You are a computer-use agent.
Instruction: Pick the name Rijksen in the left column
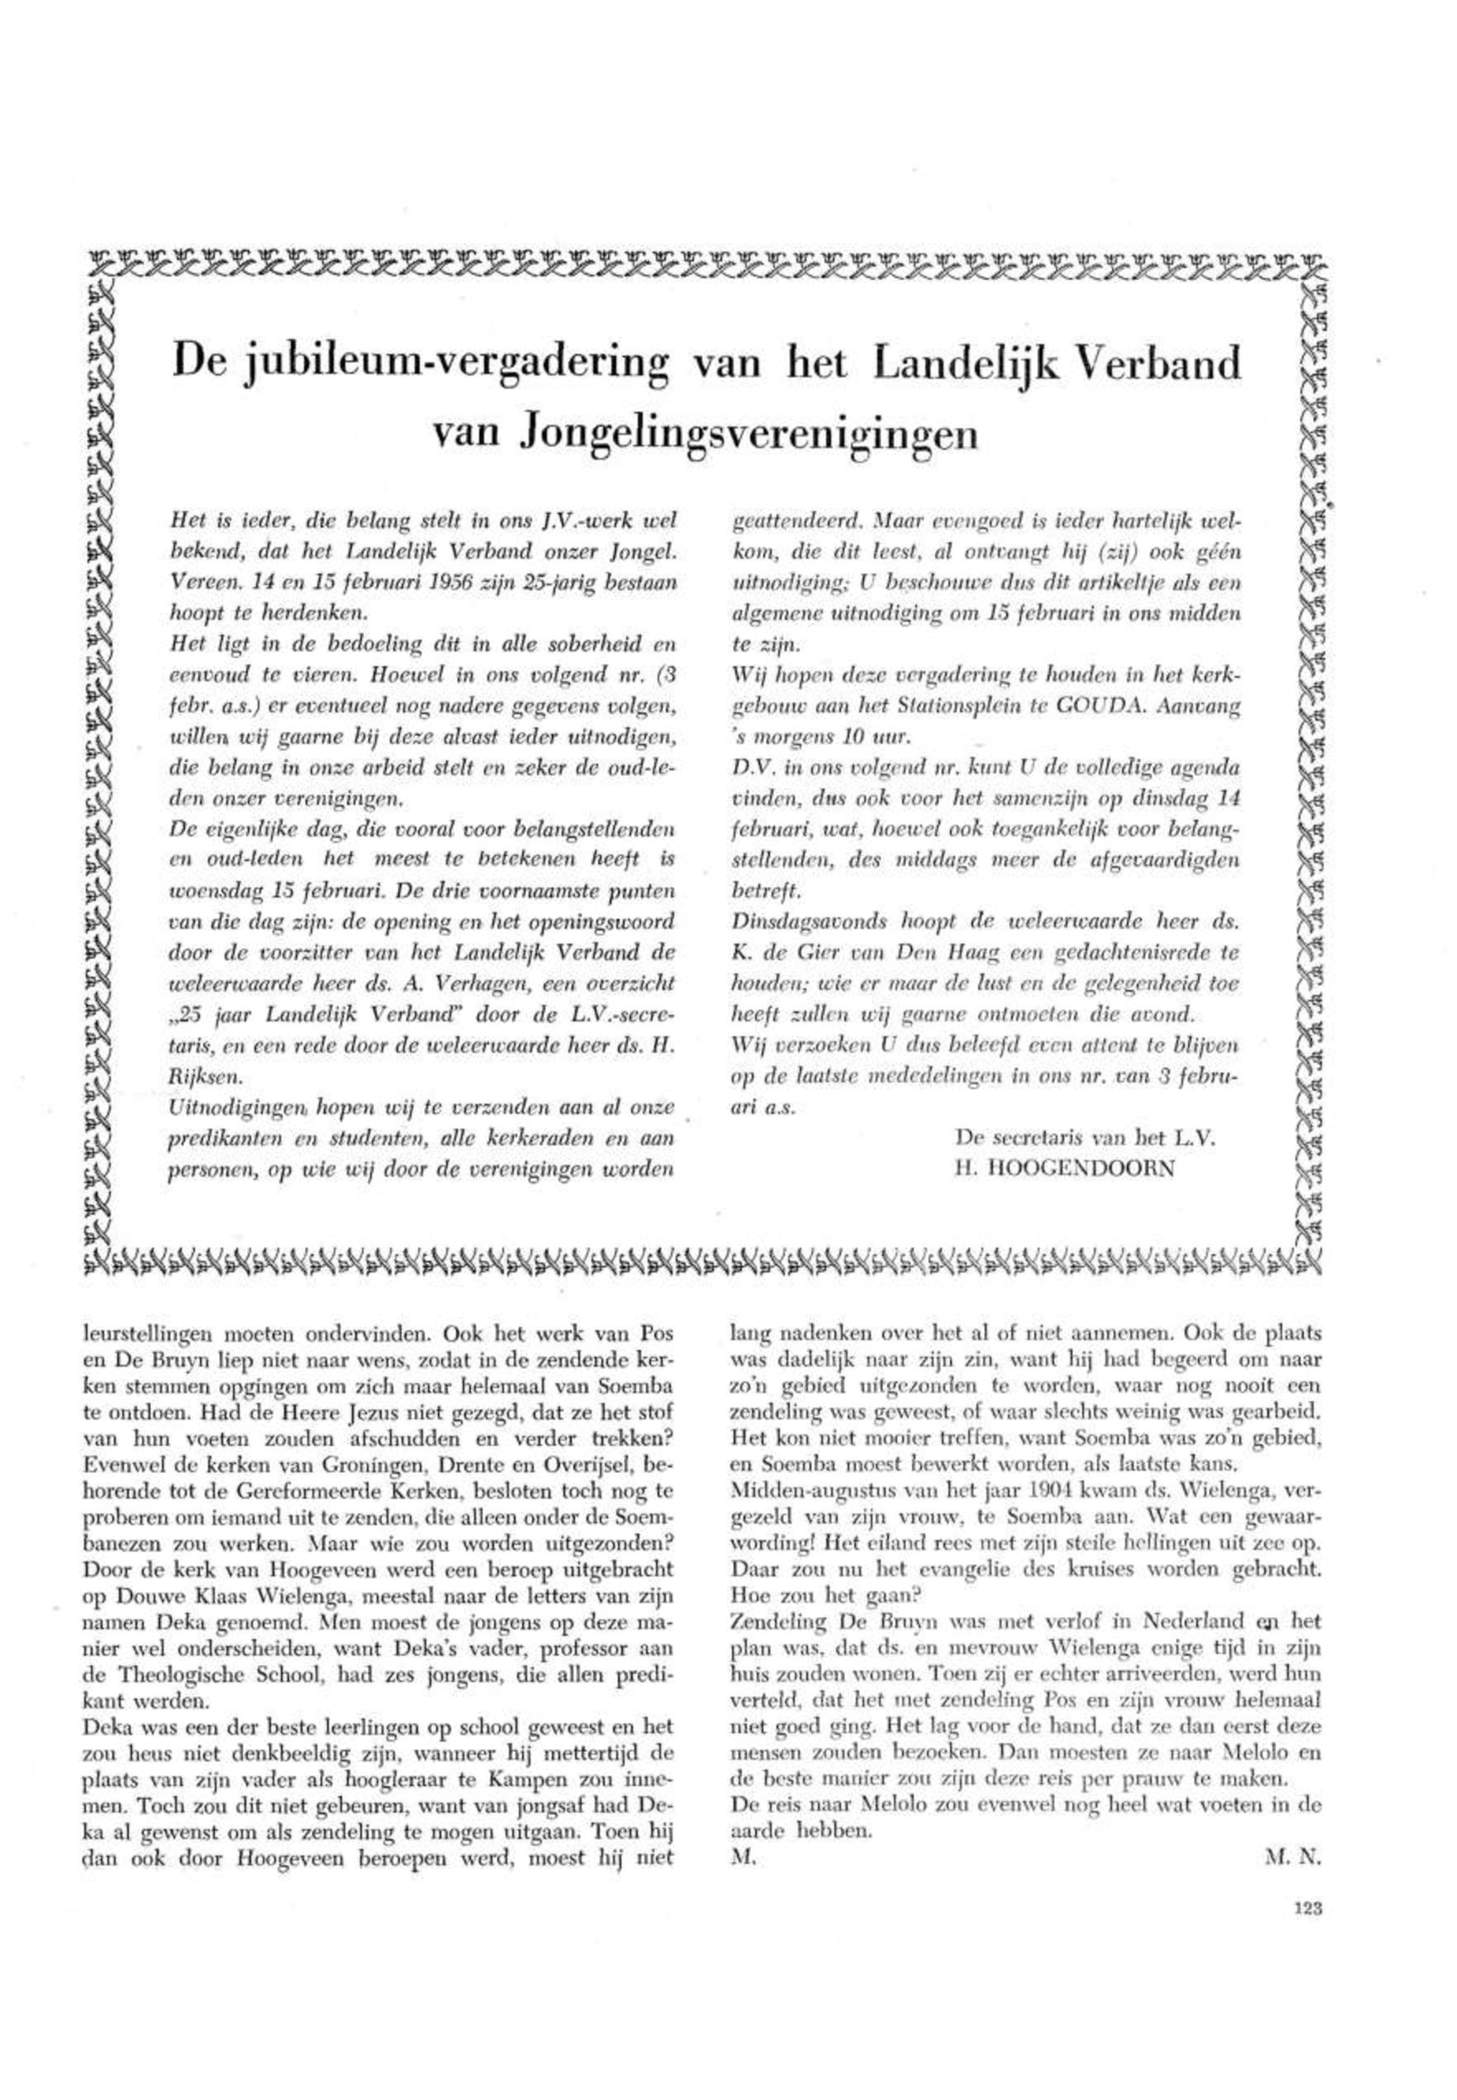(x=201, y=1078)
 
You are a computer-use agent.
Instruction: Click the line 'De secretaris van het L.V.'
(x=1087, y=1138)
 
